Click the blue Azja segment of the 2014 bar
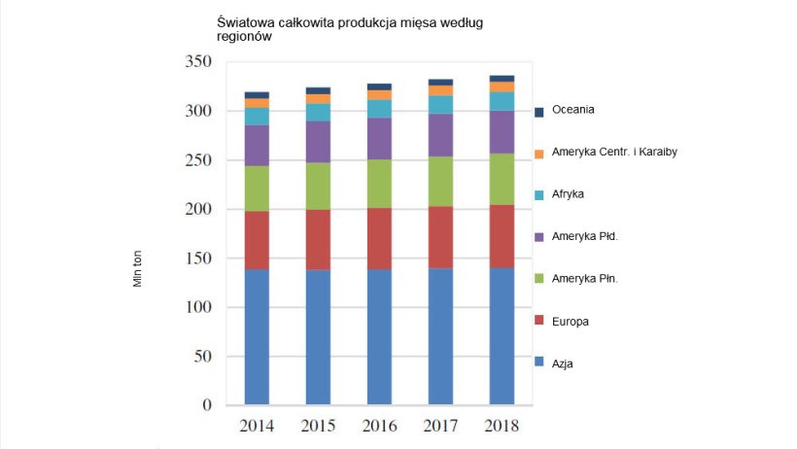257,335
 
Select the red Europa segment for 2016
379,238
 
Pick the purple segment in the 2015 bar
318,141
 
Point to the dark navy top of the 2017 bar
440,83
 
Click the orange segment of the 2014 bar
257,103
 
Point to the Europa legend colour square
539,322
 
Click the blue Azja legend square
539,363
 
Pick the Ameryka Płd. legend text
584,236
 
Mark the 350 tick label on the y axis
198,61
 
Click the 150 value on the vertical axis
198,258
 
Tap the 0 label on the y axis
207,404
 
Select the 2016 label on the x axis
379,426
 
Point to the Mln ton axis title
137,267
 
